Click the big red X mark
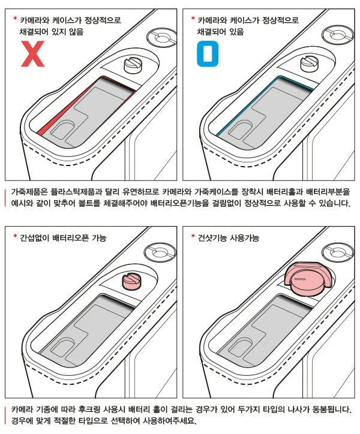tap(33, 54)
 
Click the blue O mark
tap(208, 54)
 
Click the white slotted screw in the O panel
tap(310, 64)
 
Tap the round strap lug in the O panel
tap(338, 35)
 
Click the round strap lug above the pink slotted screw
tap(160, 252)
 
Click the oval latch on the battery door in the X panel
tap(63, 130)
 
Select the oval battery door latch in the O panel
tap(241, 130)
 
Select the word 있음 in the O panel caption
tap(236, 32)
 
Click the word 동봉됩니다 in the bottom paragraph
tap(332, 409)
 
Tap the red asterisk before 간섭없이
tap(15, 236)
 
